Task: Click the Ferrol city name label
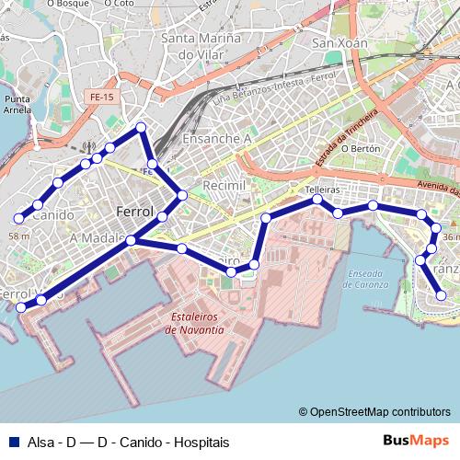[x=135, y=213]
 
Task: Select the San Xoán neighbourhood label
[x=340, y=43]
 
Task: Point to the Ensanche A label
[x=217, y=139]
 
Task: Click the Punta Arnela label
[x=19, y=103]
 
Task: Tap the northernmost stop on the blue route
[x=141, y=128]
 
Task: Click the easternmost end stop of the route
[x=442, y=295]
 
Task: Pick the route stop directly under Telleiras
[x=317, y=200]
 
